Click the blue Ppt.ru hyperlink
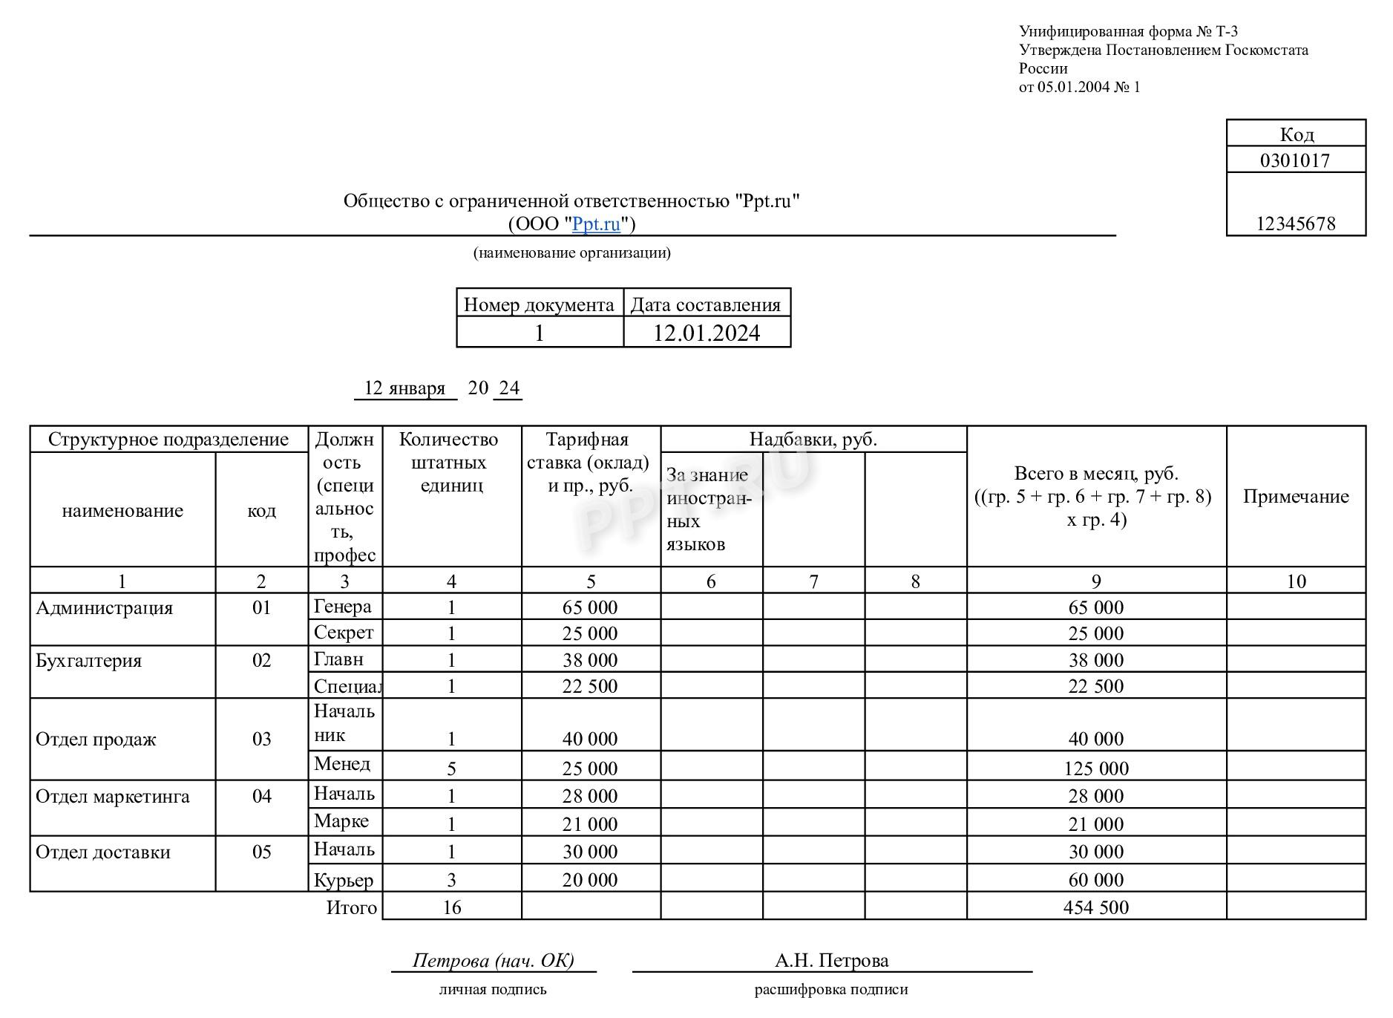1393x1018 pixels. pos(596,224)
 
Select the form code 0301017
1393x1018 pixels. pos(1295,160)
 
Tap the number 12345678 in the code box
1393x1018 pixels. pos(1295,224)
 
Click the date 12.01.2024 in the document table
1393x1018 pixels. pos(707,333)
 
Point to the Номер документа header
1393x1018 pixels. pos(539,304)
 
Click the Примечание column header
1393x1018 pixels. pos(1296,497)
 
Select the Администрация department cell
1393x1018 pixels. pos(105,608)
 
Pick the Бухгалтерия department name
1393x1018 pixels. pos(89,661)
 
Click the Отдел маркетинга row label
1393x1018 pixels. pos(113,797)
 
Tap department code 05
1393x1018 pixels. pos(262,852)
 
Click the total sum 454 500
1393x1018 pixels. pos(1096,907)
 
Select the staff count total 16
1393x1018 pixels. pos(451,907)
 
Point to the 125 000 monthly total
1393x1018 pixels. pos(1096,769)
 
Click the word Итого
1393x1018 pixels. pos(352,907)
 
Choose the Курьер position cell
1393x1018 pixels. pos(344,880)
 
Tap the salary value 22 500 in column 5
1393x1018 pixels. pos(590,686)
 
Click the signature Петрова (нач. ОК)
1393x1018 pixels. pos(494,961)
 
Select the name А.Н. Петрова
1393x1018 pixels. pos(832,961)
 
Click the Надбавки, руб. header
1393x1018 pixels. pos(813,440)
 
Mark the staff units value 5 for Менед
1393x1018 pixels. pos(451,769)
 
